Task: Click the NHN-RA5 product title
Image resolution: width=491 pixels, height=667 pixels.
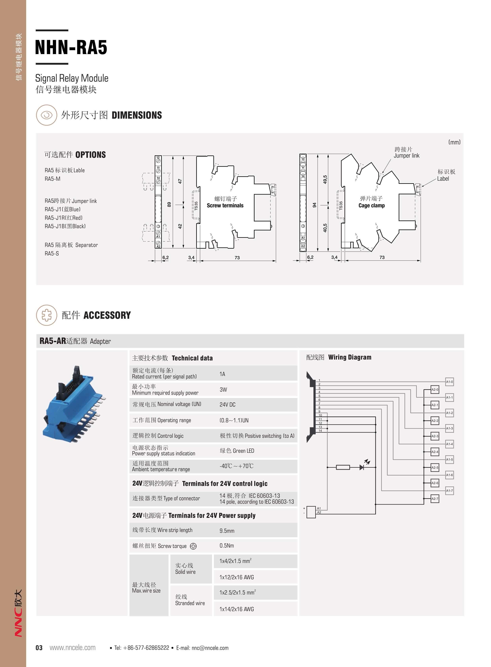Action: tap(71, 47)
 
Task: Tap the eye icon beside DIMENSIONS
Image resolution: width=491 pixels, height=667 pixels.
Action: tap(46, 115)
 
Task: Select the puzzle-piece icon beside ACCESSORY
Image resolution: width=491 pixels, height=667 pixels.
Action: tap(46, 315)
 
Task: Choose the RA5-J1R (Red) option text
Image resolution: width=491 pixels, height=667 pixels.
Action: tap(64, 218)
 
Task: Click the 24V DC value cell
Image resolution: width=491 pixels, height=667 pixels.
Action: tap(227, 405)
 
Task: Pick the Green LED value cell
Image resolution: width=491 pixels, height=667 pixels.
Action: tap(237, 451)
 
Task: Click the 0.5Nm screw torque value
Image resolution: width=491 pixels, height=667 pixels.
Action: tap(227, 546)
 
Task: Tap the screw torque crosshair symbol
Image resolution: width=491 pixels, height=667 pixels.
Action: tap(193, 546)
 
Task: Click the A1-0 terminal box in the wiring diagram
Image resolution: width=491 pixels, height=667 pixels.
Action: tap(449, 382)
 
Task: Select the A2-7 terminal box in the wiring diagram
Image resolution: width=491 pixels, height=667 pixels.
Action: tap(435, 499)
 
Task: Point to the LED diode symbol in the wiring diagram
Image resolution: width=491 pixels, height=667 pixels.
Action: tap(362, 467)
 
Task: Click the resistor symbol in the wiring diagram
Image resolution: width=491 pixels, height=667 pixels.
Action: tap(343, 467)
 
